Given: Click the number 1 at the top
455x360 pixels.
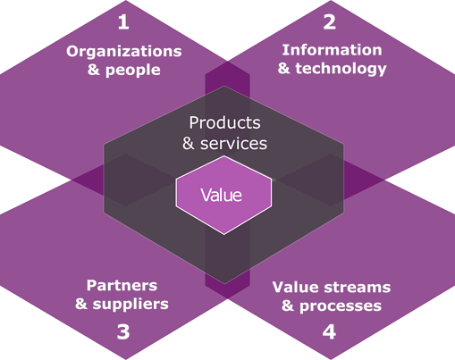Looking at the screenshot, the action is tap(123, 22).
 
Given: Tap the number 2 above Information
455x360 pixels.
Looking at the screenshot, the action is tap(330, 22).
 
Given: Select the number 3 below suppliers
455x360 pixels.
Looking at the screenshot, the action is tap(123, 332).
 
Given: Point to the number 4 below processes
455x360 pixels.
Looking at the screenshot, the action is tap(329, 332).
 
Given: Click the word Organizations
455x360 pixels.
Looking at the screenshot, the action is tap(124, 52).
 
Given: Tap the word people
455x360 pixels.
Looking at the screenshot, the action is tap(133, 71).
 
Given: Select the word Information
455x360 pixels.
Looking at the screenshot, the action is tap(332, 50).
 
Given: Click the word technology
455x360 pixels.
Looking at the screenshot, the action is tap(341, 69).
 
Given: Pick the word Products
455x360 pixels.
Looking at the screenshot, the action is tap(225, 122).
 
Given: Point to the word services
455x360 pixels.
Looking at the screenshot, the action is tap(233, 144).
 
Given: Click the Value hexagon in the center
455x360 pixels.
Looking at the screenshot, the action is tap(223, 195).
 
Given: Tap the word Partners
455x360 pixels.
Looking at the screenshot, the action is tap(122, 286).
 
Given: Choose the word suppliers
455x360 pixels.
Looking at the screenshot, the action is tap(131, 305).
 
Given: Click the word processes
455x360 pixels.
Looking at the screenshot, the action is tap(341, 306).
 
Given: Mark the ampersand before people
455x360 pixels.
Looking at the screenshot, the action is tap(94, 70).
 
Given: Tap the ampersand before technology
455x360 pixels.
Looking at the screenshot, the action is tap(283, 68).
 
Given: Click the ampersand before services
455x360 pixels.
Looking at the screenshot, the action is tap(189, 143).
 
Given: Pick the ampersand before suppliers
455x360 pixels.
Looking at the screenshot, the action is tap(81, 304).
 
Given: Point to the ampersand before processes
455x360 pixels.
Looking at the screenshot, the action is tap(288, 306).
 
